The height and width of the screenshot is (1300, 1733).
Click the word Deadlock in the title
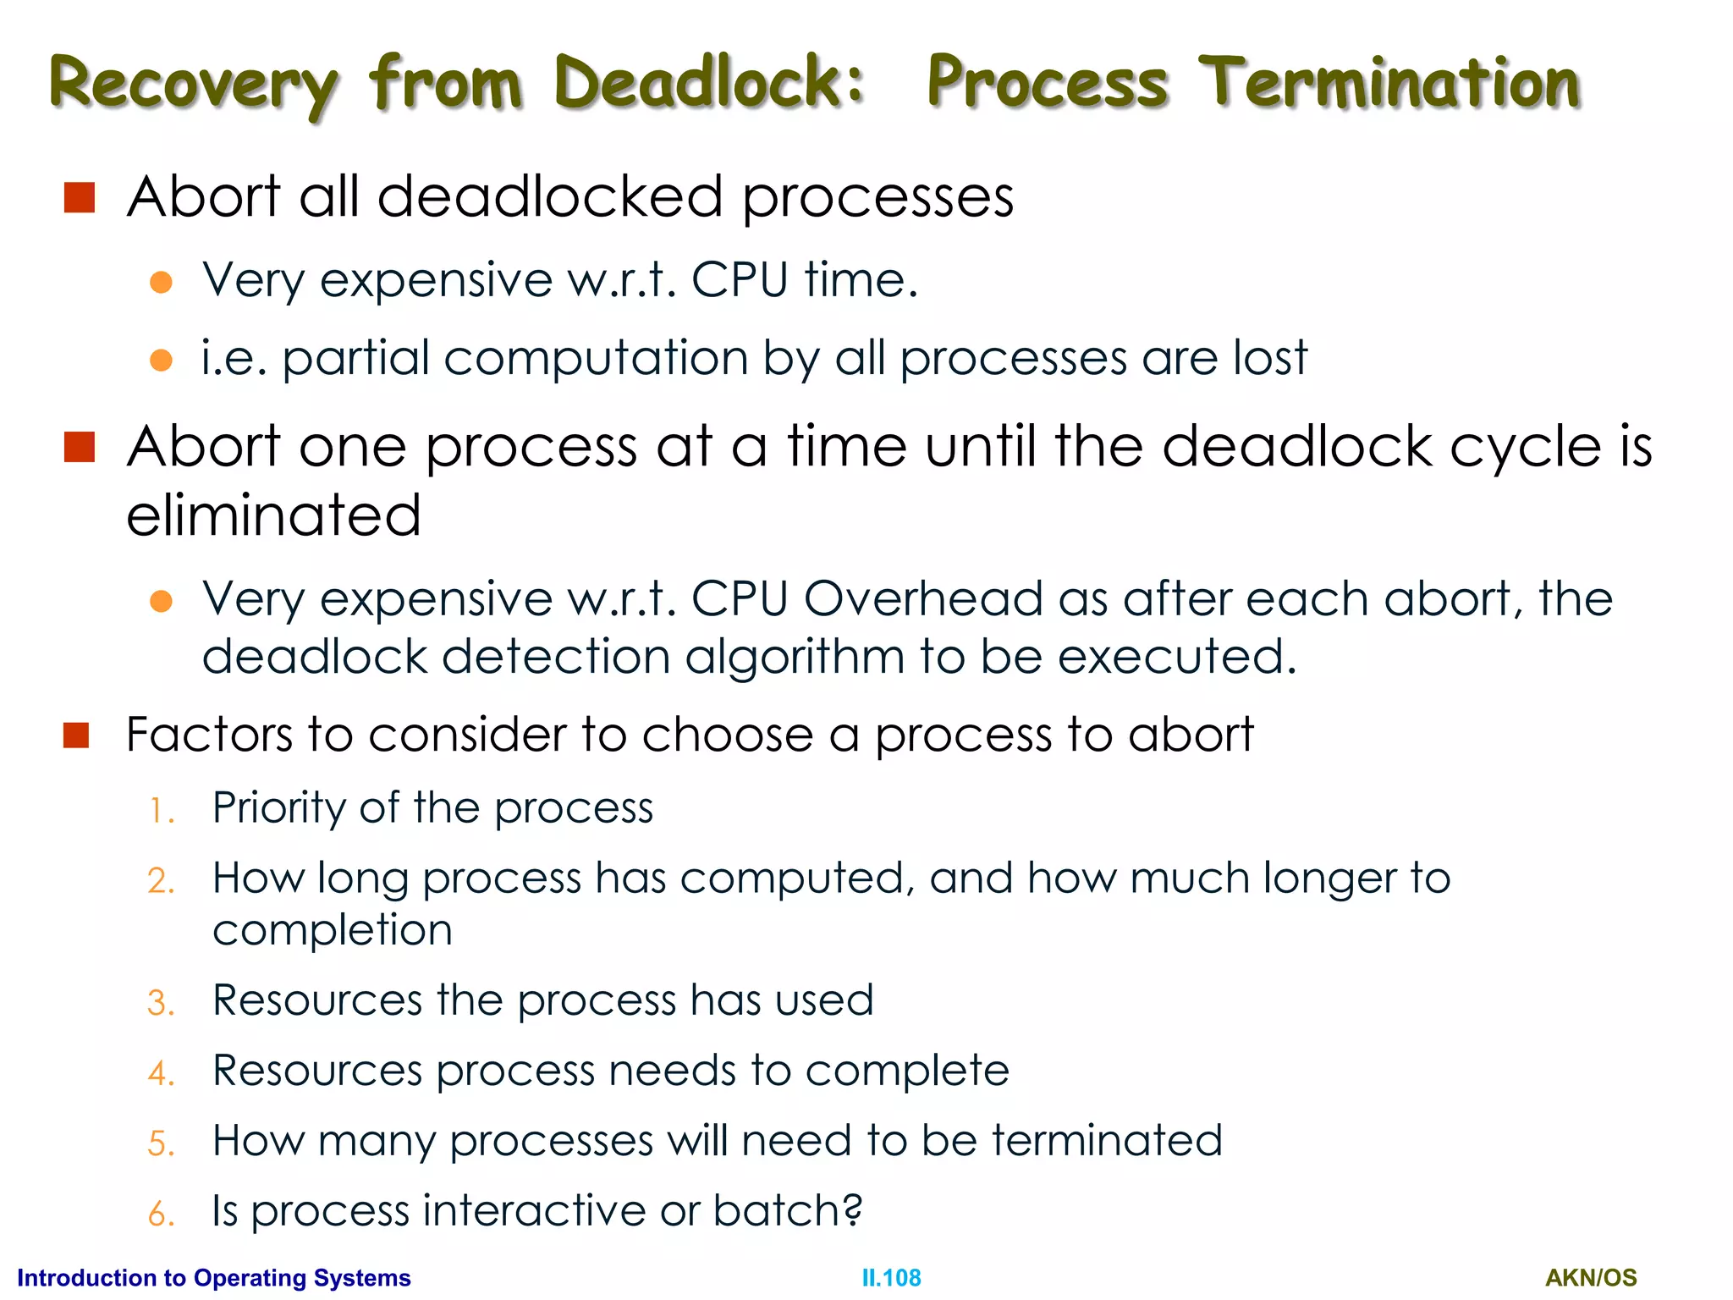709,82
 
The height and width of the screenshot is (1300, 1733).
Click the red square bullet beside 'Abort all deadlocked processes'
80,198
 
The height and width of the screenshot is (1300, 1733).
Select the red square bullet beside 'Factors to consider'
76,735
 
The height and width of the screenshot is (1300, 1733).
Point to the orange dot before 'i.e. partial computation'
161,361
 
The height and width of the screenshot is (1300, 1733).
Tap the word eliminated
273,515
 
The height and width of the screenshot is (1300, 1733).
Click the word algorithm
795,657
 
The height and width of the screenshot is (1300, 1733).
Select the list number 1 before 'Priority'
159,812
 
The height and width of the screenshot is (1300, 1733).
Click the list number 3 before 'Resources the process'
160,1004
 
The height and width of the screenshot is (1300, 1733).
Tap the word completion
333,930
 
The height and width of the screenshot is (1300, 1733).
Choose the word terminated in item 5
1107,1140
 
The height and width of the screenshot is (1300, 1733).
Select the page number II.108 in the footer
891,1277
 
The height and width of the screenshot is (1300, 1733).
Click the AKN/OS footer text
1591,1277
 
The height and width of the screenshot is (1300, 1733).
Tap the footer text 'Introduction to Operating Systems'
214,1277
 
